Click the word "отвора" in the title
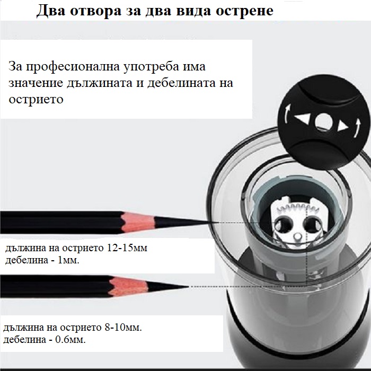(95, 11)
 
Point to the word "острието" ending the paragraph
(36, 100)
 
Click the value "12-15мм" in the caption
(127, 248)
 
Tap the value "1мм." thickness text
(68, 260)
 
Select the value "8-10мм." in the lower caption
(123, 328)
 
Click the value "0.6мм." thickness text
(70, 340)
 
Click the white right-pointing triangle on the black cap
(342, 126)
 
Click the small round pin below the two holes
(297, 236)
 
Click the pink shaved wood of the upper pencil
(138, 222)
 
